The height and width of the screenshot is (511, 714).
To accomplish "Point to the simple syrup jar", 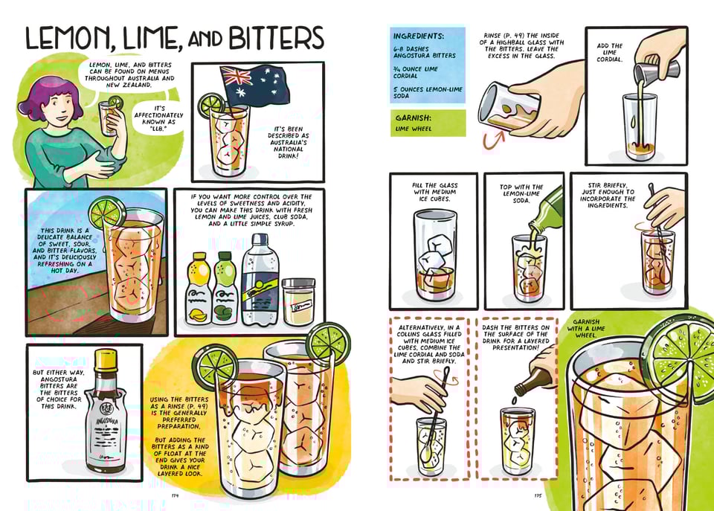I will pyautogui.click(x=298, y=301).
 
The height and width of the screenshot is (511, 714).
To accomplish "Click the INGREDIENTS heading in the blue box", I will pyautogui.click(x=419, y=36).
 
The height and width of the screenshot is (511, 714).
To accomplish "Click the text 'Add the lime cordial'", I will pyautogui.click(x=610, y=52).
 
